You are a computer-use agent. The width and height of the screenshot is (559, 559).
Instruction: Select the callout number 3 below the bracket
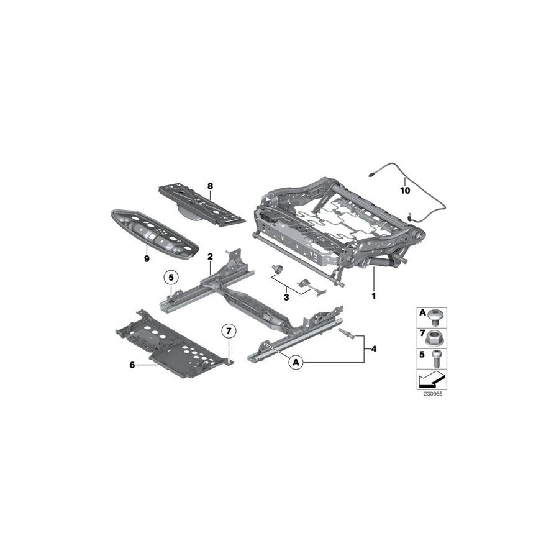coord(286,298)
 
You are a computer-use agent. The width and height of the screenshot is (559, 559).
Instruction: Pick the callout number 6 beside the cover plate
coord(132,365)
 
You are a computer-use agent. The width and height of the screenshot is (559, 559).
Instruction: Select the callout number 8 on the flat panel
coord(210,186)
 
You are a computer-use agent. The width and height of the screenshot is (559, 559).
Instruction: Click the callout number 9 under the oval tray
coord(147,258)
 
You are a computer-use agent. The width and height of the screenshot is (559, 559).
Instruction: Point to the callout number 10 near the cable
coord(405,191)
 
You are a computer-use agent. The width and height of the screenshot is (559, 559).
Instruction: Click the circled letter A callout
coord(296,361)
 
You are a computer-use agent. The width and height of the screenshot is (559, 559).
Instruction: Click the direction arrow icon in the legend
coord(430,380)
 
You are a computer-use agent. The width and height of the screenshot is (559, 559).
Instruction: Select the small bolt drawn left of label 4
coord(345,335)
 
